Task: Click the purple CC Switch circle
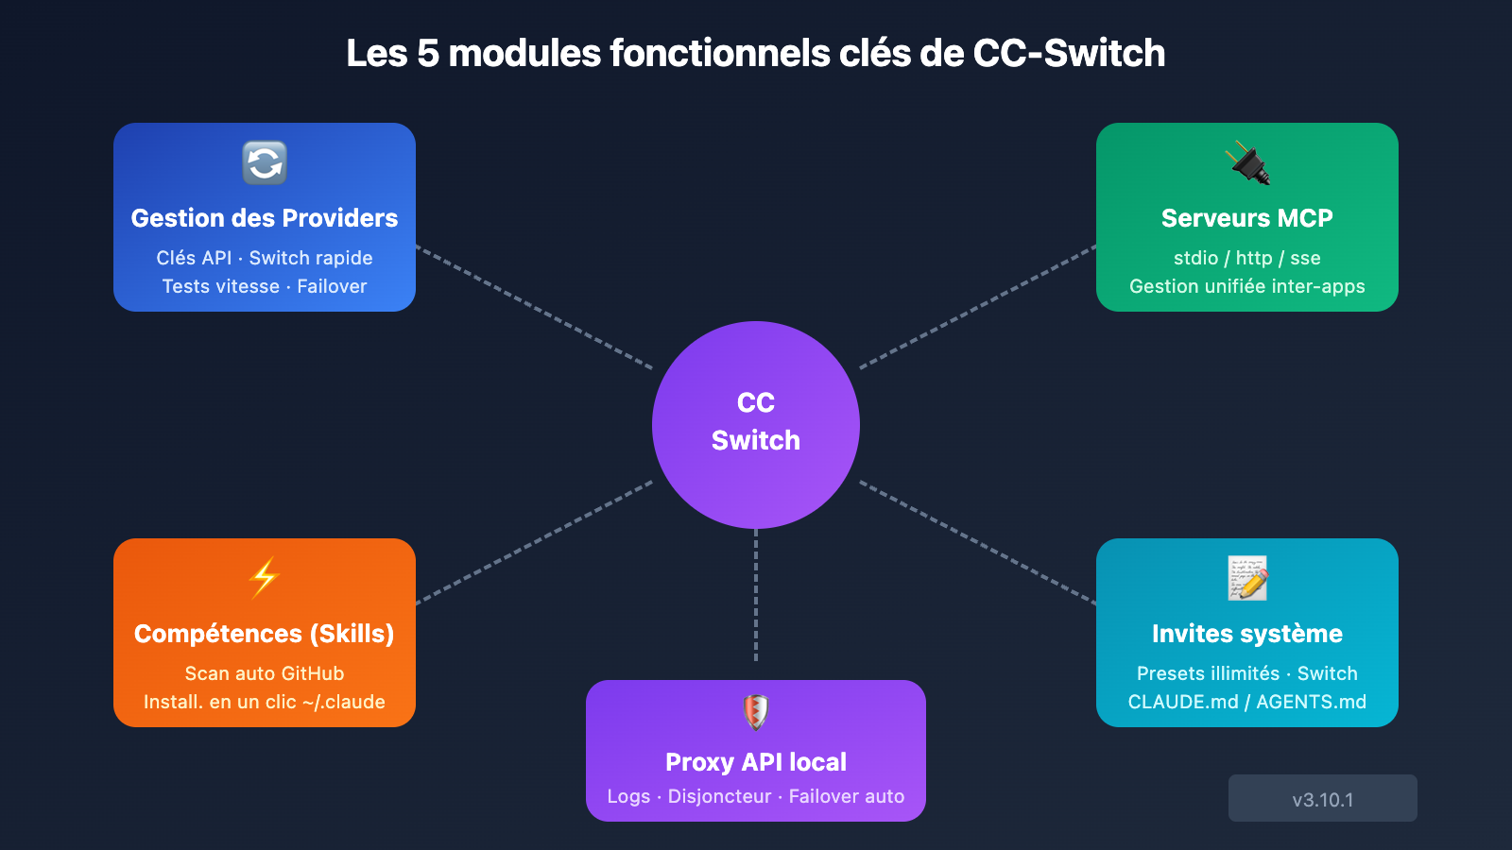pyautogui.click(x=756, y=424)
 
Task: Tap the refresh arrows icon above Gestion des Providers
pyautogui.click(x=265, y=162)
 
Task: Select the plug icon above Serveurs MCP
pyautogui.click(x=1248, y=162)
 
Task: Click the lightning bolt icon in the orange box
pyautogui.click(x=265, y=578)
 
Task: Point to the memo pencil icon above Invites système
pyautogui.click(x=1247, y=578)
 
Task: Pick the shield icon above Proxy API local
pyautogui.click(x=756, y=712)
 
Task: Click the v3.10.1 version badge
pyautogui.click(x=1322, y=799)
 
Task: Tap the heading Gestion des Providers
pyautogui.click(x=265, y=218)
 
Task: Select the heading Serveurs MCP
pyautogui.click(x=1247, y=218)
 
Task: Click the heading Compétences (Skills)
pyautogui.click(x=265, y=634)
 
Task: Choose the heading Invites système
pyautogui.click(x=1247, y=634)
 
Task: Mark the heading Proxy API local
pyautogui.click(x=756, y=762)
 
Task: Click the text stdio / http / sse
pyautogui.click(x=1247, y=258)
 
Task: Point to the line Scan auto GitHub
pyautogui.click(x=265, y=673)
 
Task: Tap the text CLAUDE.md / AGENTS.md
pyautogui.click(x=1247, y=702)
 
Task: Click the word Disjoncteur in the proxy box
pyautogui.click(x=719, y=796)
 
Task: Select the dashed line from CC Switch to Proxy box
pyautogui.click(x=756, y=595)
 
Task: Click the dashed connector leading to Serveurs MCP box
pyautogui.click(x=978, y=307)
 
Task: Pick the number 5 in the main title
pyautogui.click(x=428, y=54)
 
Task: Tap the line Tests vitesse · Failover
pyautogui.click(x=265, y=286)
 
